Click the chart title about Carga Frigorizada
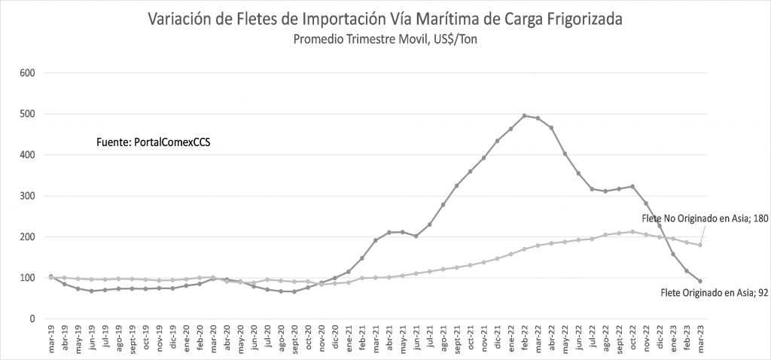click(385, 19)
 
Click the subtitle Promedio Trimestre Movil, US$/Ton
click(385, 39)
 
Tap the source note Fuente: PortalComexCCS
click(153, 141)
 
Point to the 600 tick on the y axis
click(29, 73)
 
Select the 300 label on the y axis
click(29, 196)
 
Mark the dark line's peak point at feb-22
click(525, 116)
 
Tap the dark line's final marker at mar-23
click(700, 281)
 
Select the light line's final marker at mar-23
click(700, 245)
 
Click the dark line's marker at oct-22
click(632, 186)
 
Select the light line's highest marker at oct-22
click(632, 231)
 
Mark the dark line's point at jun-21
click(416, 236)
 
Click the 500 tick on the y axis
click(29, 114)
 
